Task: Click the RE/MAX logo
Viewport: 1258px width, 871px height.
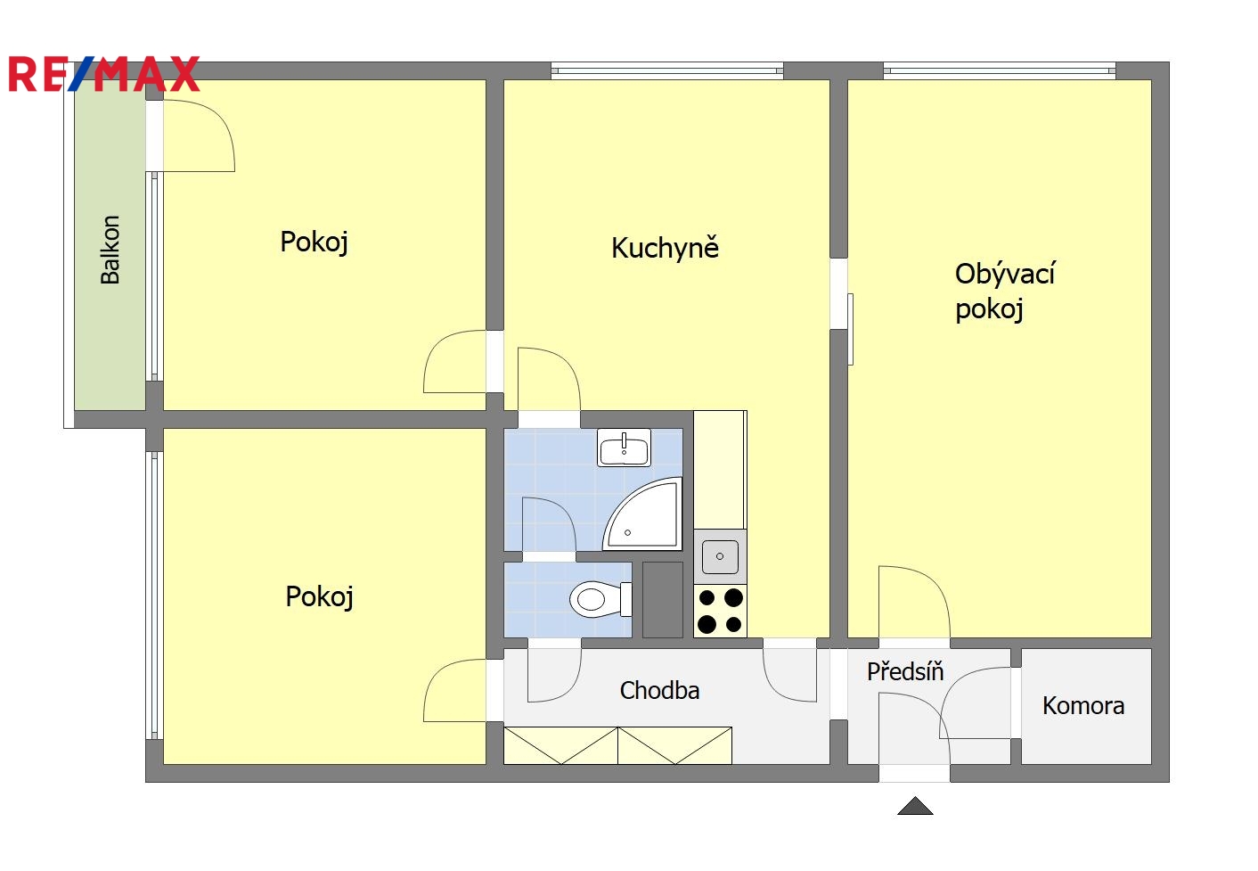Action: click(x=104, y=74)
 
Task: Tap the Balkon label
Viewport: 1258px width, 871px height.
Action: click(x=110, y=250)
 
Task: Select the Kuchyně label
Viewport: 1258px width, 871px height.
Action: click(x=665, y=248)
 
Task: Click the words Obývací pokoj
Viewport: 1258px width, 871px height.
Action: click(x=1005, y=292)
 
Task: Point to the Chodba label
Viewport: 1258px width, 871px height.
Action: click(x=659, y=691)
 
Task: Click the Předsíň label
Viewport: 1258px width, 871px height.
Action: click(x=905, y=671)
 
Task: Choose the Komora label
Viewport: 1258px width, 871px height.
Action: click(x=1083, y=706)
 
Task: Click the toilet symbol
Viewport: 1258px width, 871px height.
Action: click(x=600, y=600)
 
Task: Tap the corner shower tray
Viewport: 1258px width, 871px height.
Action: click(x=642, y=514)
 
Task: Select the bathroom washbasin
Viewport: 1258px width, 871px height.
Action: click(x=624, y=448)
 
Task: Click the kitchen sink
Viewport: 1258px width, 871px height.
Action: click(x=719, y=556)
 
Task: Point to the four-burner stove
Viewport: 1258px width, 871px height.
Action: click(x=720, y=611)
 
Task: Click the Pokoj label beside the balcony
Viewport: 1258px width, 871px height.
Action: click(x=314, y=242)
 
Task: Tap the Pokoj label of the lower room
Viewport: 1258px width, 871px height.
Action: click(x=319, y=596)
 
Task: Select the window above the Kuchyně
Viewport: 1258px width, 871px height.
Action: click(x=666, y=70)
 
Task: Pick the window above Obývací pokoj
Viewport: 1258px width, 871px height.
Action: click(x=999, y=70)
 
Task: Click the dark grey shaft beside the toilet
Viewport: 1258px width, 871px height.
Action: click(x=662, y=600)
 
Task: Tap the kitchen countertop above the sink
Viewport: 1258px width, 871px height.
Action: click(x=720, y=470)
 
